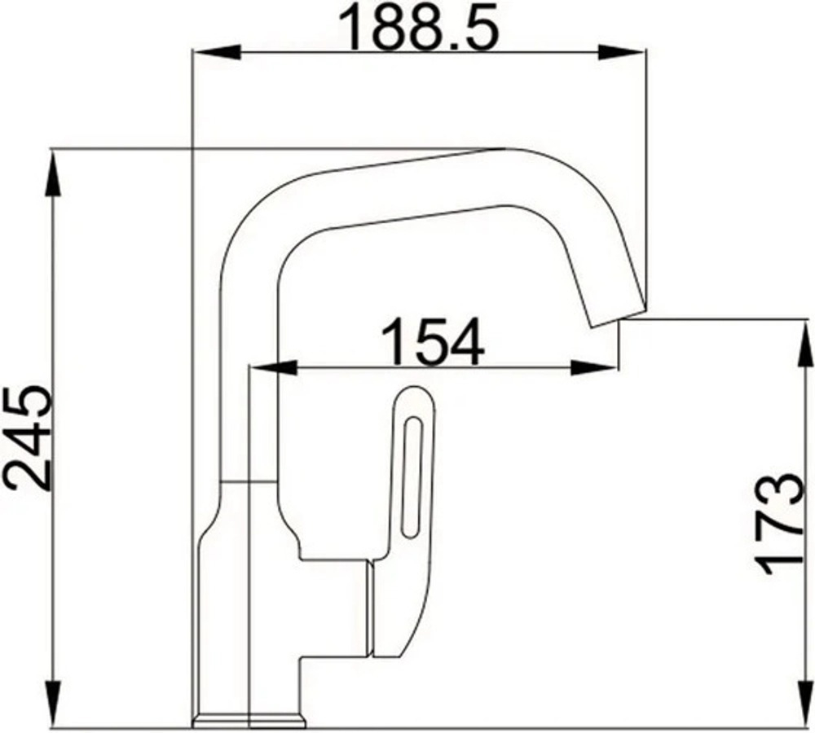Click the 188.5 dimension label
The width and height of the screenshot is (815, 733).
pyautogui.click(x=419, y=29)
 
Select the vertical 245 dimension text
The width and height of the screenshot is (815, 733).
pyautogui.click(x=29, y=440)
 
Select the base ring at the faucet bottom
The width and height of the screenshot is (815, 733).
pyautogui.click(x=249, y=719)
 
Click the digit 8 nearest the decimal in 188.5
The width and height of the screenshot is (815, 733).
pyautogui.click(x=428, y=29)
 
